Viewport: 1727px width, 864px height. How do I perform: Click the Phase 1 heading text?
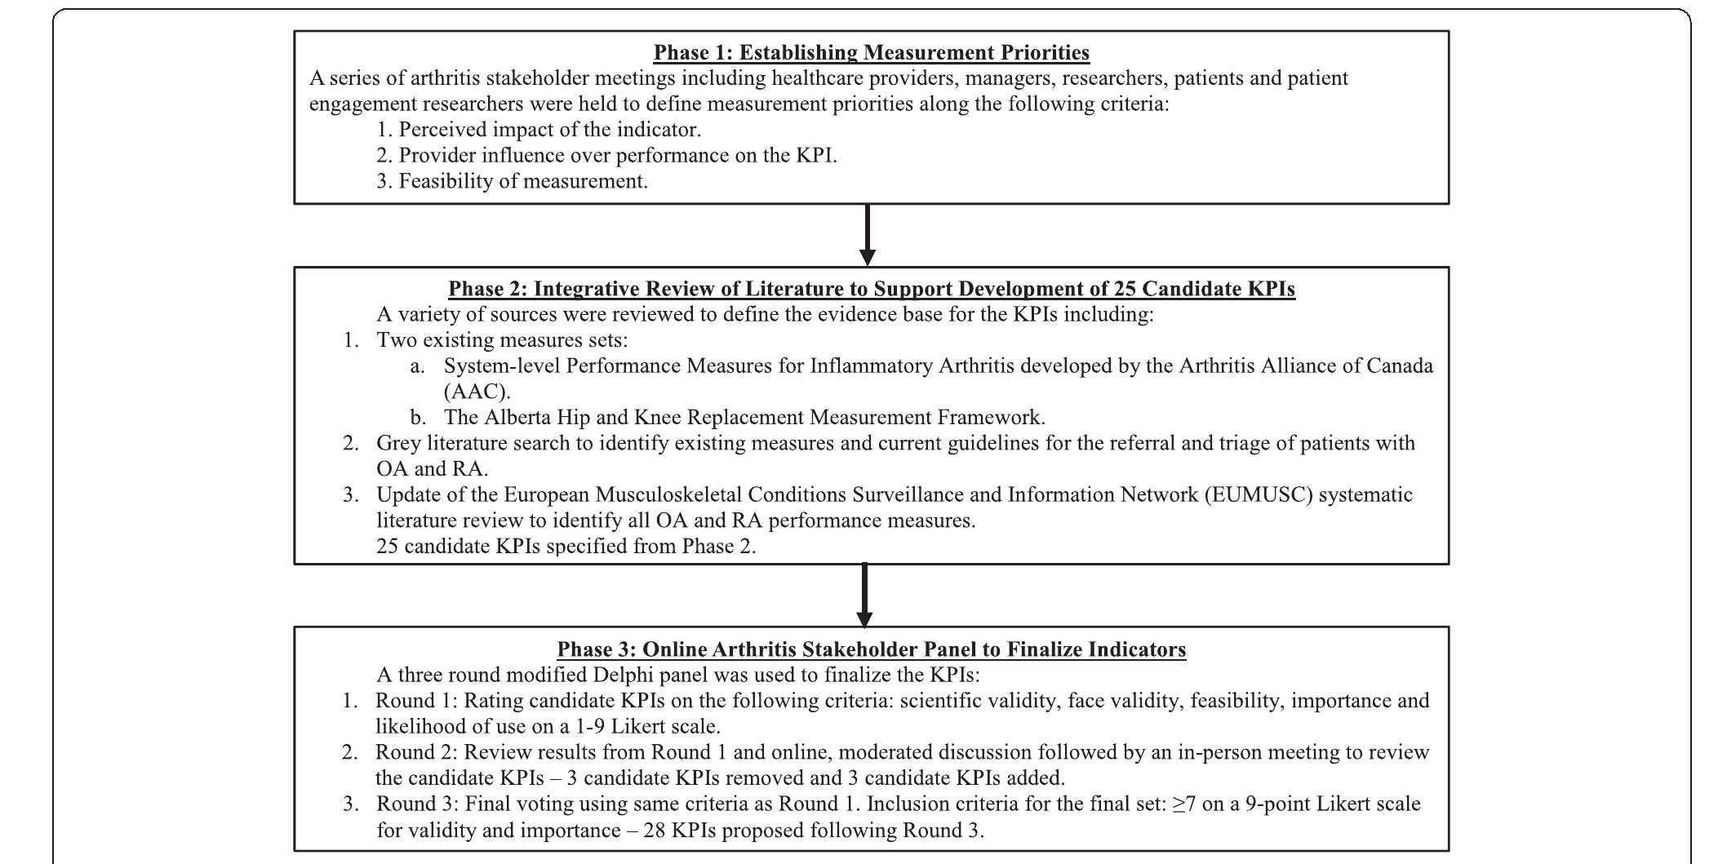[871, 53]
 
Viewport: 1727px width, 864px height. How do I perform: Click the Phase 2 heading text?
[871, 289]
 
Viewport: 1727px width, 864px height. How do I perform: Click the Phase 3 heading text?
[871, 649]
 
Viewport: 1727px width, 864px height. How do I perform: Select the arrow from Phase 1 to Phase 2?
[868, 235]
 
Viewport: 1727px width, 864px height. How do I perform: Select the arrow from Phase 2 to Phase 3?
[864, 595]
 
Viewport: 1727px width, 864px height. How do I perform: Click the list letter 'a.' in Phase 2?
[418, 366]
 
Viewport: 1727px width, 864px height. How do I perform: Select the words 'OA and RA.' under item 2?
[432, 469]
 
